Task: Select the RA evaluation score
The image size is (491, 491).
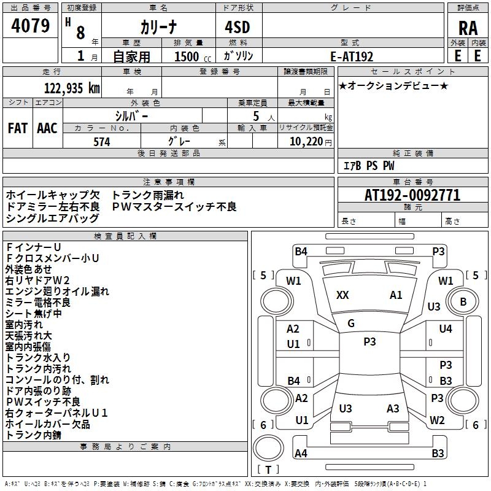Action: click(468, 28)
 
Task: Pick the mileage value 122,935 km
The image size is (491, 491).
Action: click(72, 88)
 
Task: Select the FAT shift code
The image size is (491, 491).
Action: click(18, 128)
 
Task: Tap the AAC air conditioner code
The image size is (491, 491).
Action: click(47, 128)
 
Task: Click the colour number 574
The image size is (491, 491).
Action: click(102, 142)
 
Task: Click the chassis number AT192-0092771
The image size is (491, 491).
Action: click(412, 196)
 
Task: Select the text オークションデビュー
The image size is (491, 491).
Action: click(393, 86)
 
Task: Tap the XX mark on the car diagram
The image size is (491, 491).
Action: click(342, 295)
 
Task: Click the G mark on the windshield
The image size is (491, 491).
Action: click(351, 323)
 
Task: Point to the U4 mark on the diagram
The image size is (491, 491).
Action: click(446, 329)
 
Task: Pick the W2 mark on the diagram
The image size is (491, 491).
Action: click(437, 420)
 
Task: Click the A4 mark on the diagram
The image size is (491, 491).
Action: click(301, 454)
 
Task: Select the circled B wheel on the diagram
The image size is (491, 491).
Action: click(463, 301)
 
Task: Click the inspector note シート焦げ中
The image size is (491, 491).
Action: click(34, 314)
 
